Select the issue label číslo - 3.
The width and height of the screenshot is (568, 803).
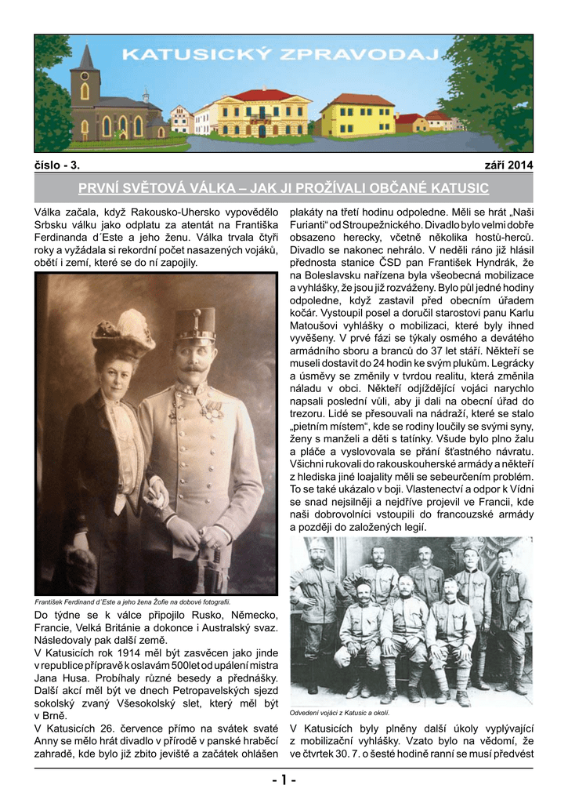pyautogui.click(x=57, y=165)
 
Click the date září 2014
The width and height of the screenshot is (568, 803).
pyautogui.click(x=508, y=165)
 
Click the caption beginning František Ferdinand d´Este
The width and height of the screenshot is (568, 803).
pyautogui.click(x=133, y=601)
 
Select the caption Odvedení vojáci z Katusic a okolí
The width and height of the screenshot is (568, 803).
pyautogui.click(x=341, y=712)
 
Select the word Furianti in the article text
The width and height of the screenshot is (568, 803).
pyautogui.click(x=312, y=226)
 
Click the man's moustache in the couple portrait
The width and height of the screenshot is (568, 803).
pyautogui.click(x=194, y=366)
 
